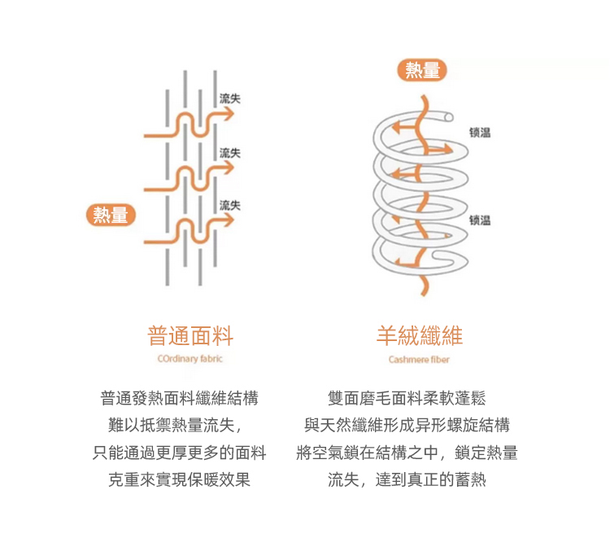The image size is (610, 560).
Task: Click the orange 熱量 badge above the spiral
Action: (422, 71)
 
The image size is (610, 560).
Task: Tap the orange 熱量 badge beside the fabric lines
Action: (111, 215)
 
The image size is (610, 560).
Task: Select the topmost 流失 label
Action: (229, 98)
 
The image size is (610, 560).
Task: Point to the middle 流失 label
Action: (229, 153)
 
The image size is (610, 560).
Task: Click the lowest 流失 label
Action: (229, 205)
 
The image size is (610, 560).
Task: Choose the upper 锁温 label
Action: (480, 133)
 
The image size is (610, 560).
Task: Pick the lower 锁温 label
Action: (480, 220)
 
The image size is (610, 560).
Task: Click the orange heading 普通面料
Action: (190, 335)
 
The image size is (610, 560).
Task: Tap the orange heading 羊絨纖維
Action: (419, 335)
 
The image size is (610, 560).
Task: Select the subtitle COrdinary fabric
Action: (190, 358)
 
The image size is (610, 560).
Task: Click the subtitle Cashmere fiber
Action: (419, 359)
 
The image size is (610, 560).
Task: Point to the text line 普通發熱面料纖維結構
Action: (179, 399)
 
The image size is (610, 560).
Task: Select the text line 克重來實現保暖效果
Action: (179, 479)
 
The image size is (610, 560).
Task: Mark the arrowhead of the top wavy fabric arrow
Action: (230, 115)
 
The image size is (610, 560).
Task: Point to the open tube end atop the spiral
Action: (450, 117)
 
